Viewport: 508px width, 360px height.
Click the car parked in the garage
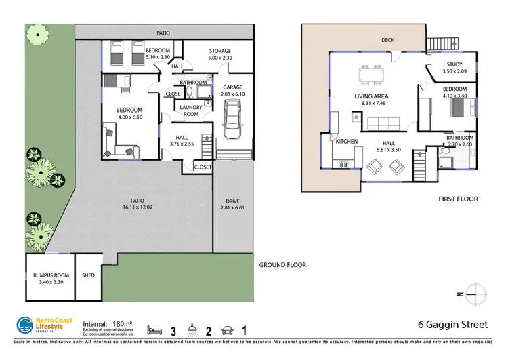[232, 117]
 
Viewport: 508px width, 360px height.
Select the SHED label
[88, 275]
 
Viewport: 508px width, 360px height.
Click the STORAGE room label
[219, 51]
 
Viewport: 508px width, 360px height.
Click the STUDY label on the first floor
[454, 64]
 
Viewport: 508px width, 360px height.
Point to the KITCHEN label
[346, 142]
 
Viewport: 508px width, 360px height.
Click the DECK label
[387, 40]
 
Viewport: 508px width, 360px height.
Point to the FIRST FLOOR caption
[459, 199]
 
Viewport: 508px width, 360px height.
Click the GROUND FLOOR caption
[282, 265]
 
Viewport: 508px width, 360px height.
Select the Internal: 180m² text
[107, 324]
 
